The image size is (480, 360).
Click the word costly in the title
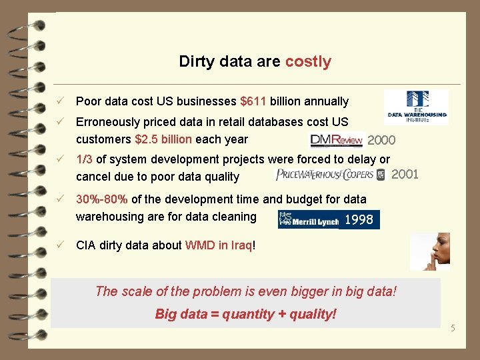click(308, 62)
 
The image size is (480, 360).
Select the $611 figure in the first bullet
click(253, 101)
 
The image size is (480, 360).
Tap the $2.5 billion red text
click(163, 139)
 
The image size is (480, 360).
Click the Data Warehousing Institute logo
click(415, 107)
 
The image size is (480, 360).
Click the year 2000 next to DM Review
click(381, 140)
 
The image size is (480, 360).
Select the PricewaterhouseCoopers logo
click(330, 175)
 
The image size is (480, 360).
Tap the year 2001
click(405, 175)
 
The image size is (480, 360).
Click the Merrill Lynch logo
click(308, 219)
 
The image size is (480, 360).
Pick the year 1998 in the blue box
click(359, 219)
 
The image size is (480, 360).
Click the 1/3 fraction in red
click(84, 159)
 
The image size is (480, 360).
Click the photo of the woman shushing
click(429, 251)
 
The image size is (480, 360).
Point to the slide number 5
click(452, 328)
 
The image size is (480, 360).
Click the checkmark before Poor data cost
click(61, 101)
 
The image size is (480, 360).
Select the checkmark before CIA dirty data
click(61, 245)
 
